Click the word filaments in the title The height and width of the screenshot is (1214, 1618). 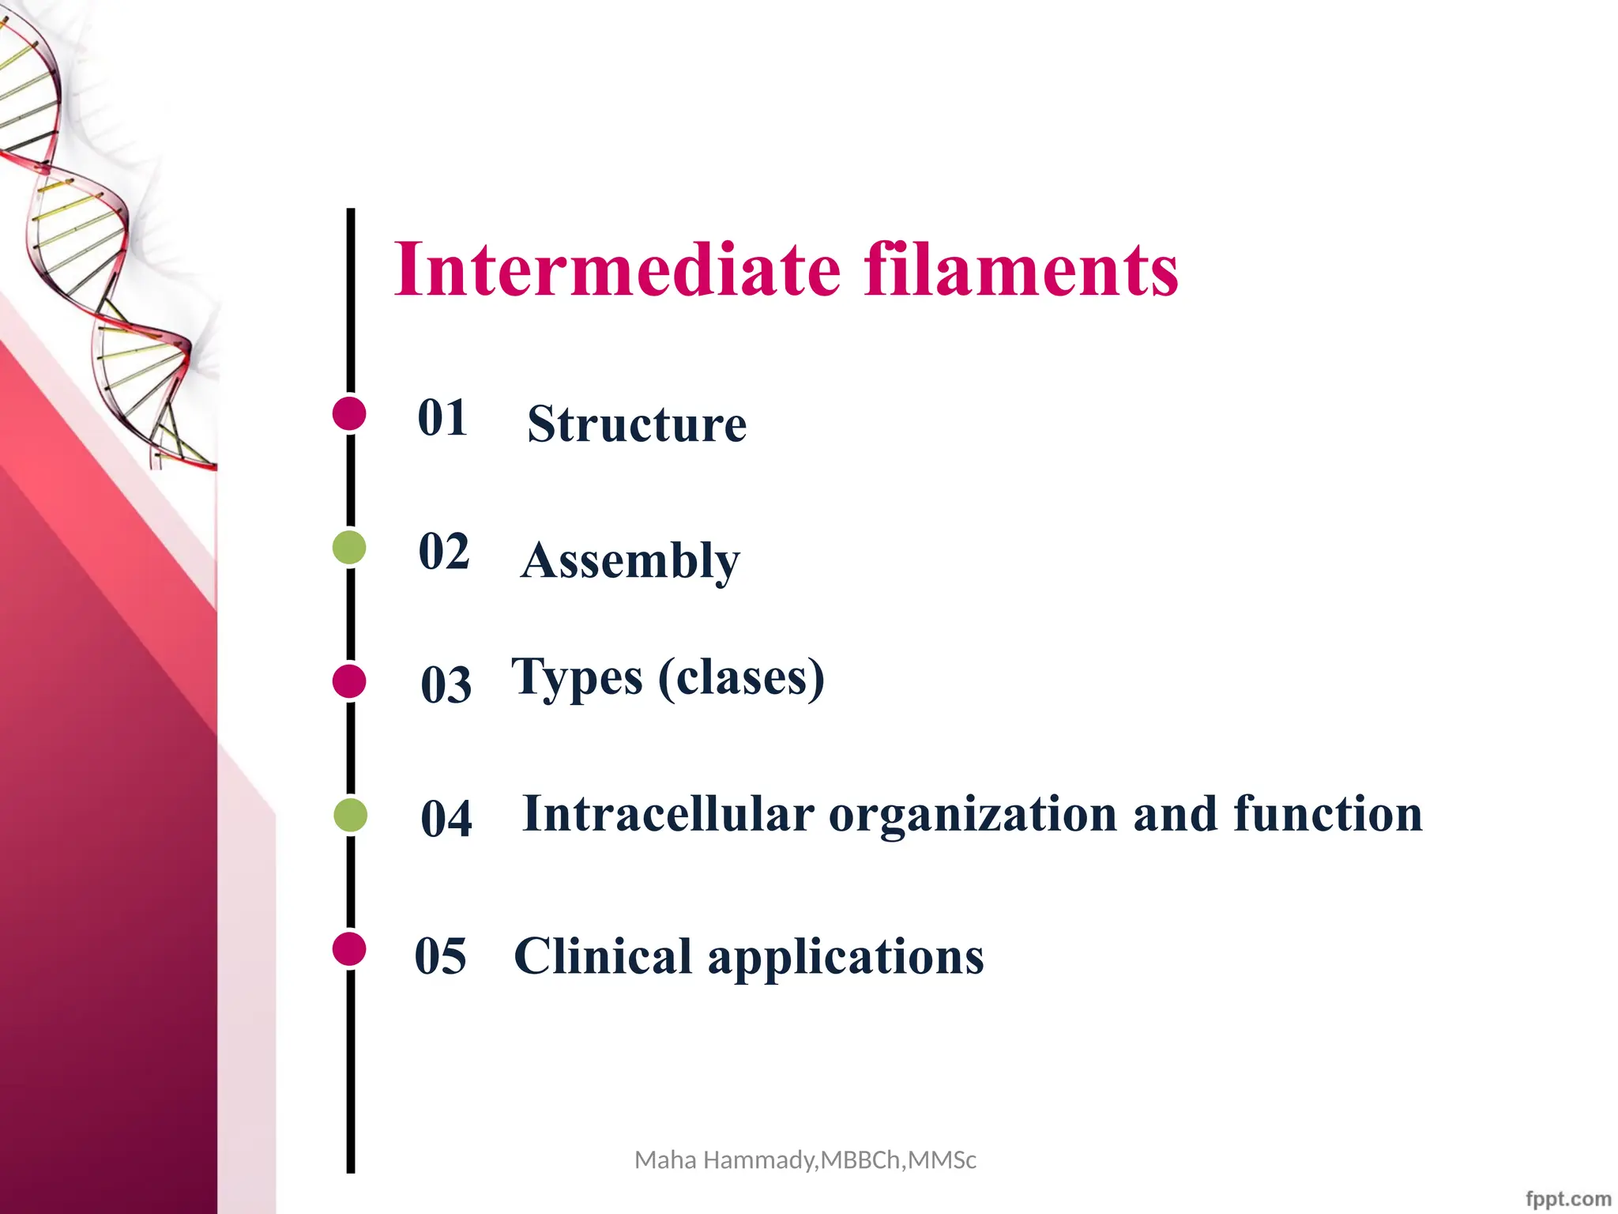pyautogui.click(x=1021, y=270)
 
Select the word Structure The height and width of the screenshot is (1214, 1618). pyautogui.click(x=637, y=424)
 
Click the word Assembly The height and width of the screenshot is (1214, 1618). pyautogui.click(x=630, y=561)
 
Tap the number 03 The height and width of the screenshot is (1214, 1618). pyautogui.click(x=446, y=684)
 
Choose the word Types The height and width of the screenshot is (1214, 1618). pyautogui.click(x=577, y=678)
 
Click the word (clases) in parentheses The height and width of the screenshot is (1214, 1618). pyautogui.click(x=741, y=678)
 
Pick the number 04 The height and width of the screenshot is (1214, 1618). pyautogui.click(x=446, y=818)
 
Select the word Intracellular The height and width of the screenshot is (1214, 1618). pyautogui.click(x=668, y=813)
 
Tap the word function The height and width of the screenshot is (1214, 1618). pyautogui.click(x=1327, y=813)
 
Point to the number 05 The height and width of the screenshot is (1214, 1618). pyautogui.click(x=441, y=956)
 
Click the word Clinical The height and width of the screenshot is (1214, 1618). pyautogui.click(x=604, y=956)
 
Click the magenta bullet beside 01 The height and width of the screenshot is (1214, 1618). pyautogui.click(x=349, y=413)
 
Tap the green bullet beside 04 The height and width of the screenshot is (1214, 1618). pyautogui.click(x=350, y=815)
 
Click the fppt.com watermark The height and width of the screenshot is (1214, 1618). pyautogui.click(x=1567, y=1198)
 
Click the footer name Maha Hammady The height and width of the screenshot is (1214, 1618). pyautogui.click(x=725, y=1160)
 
